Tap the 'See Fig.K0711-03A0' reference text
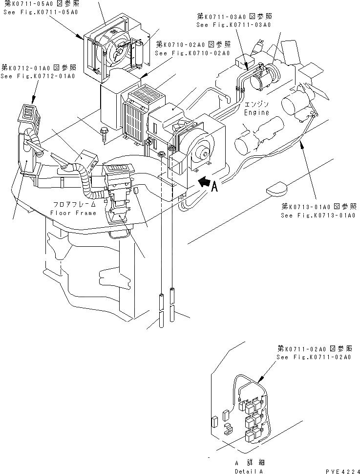pyautogui.click(x=234, y=24)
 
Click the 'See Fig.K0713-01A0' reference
pyautogui.click(x=318, y=215)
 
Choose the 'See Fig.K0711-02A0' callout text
pyautogui.click(x=314, y=357)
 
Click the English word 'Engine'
pyautogui.click(x=256, y=113)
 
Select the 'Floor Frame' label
pyautogui.click(x=73, y=213)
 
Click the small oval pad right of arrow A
pyautogui.click(x=278, y=188)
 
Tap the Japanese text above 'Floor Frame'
pyautogui.click(x=73, y=205)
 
